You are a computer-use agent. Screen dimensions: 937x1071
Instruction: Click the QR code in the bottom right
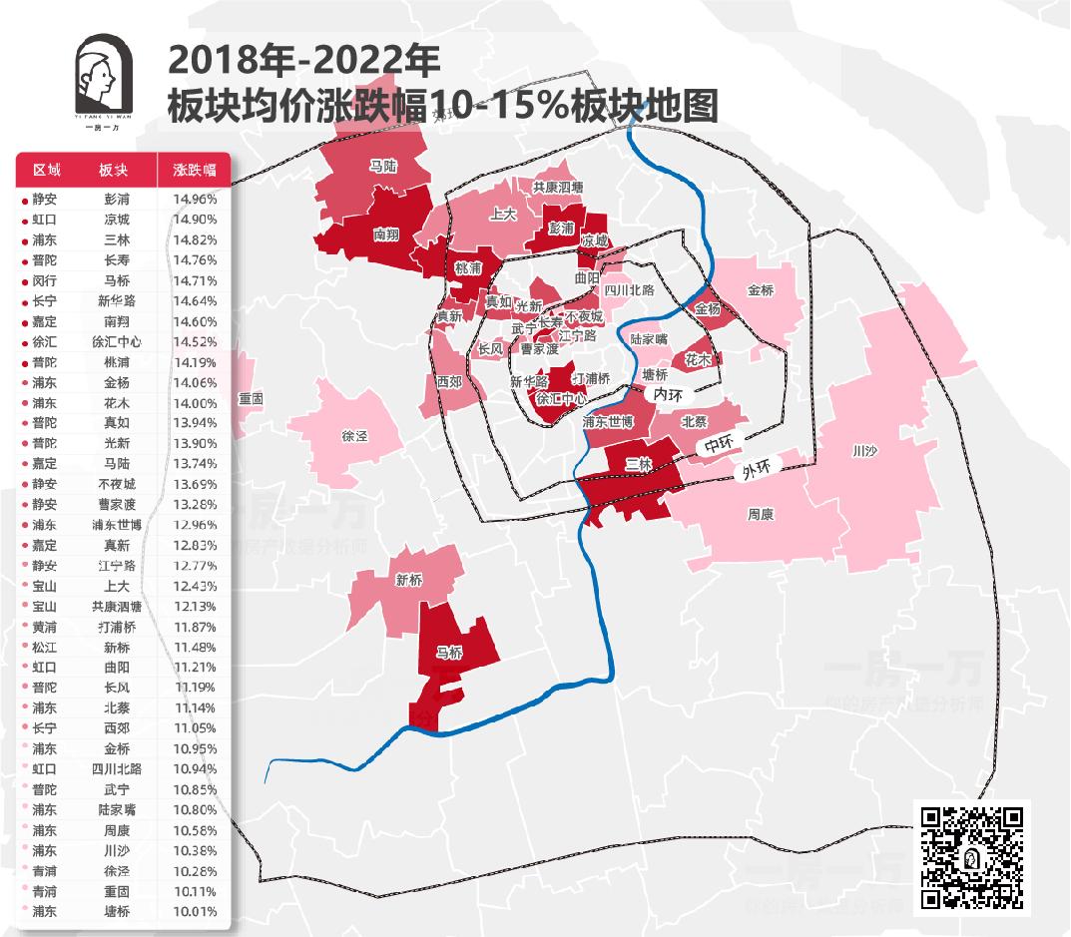(972, 856)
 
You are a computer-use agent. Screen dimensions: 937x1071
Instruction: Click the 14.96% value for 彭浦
(194, 199)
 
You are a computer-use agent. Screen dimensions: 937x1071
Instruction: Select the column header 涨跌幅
(194, 170)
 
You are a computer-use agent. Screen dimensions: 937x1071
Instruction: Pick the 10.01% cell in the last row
(194, 911)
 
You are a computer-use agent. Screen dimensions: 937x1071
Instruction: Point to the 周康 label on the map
(761, 515)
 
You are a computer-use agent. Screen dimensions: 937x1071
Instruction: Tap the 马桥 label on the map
(450, 653)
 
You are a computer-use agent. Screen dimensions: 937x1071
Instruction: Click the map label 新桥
(409, 579)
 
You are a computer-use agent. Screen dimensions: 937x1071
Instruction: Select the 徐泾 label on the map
(354, 436)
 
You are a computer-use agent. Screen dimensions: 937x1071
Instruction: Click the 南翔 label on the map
(386, 235)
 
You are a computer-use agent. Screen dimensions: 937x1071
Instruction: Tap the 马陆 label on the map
(383, 166)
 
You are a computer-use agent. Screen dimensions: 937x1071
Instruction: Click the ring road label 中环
(718, 445)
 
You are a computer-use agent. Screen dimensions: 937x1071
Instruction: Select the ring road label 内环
(668, 395)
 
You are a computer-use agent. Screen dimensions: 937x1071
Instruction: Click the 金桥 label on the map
(761, 290)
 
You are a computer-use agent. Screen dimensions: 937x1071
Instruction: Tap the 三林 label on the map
(638, 464)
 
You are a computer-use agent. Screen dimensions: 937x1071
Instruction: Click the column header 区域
(47, 170)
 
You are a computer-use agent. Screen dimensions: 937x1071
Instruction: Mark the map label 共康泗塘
(557, 187)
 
